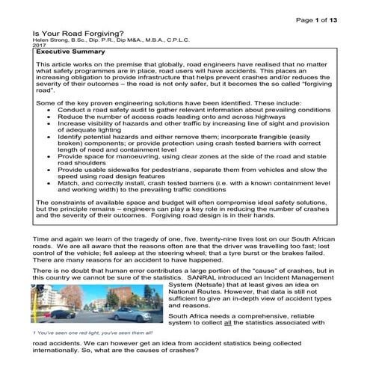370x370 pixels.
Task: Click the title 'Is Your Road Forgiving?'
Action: [x=69, y=34]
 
